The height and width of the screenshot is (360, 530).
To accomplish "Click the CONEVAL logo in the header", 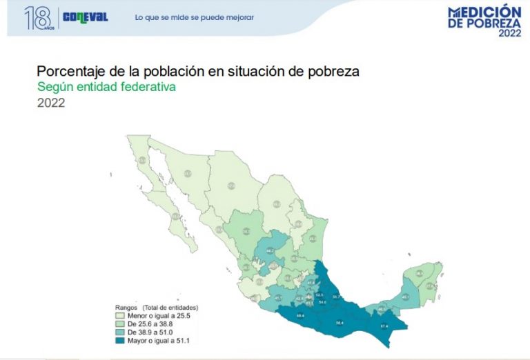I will (86, 17).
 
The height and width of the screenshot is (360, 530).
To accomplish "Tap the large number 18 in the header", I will (37, 18).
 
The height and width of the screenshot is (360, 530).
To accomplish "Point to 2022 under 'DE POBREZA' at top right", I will (509, 32).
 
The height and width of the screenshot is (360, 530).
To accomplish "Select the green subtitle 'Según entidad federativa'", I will (106, 88).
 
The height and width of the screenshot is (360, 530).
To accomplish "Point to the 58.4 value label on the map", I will (340, 321).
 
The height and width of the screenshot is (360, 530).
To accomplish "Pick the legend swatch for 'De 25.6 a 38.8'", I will (121, 323).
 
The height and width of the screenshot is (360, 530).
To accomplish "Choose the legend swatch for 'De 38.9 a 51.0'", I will (121, 331).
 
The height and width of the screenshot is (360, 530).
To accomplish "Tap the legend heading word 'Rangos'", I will (126, 306).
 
